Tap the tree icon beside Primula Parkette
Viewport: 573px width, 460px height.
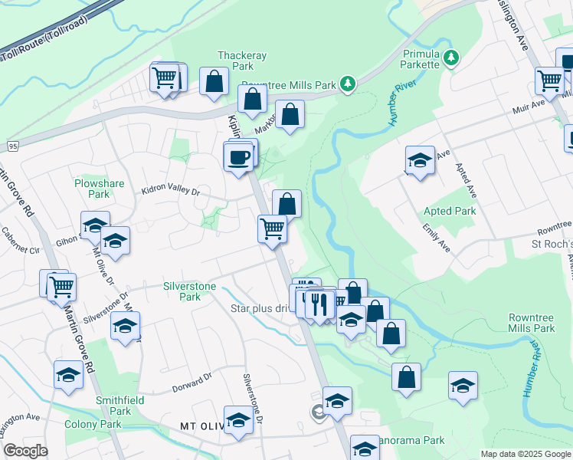point(451,57)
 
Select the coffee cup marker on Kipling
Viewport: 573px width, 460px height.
point(238,157)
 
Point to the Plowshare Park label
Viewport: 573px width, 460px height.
point(93,189)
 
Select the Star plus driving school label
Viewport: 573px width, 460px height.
point(260,309)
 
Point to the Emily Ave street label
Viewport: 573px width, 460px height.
point(436,238)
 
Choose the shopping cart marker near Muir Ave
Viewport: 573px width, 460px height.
point(549,80)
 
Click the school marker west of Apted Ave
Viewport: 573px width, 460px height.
point(419,161)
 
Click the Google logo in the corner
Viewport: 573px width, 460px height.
point(25,451)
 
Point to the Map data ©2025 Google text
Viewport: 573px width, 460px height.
point(525,454)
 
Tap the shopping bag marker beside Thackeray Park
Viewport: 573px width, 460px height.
point(214,81)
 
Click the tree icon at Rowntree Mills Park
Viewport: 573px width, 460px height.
point(348,83)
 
